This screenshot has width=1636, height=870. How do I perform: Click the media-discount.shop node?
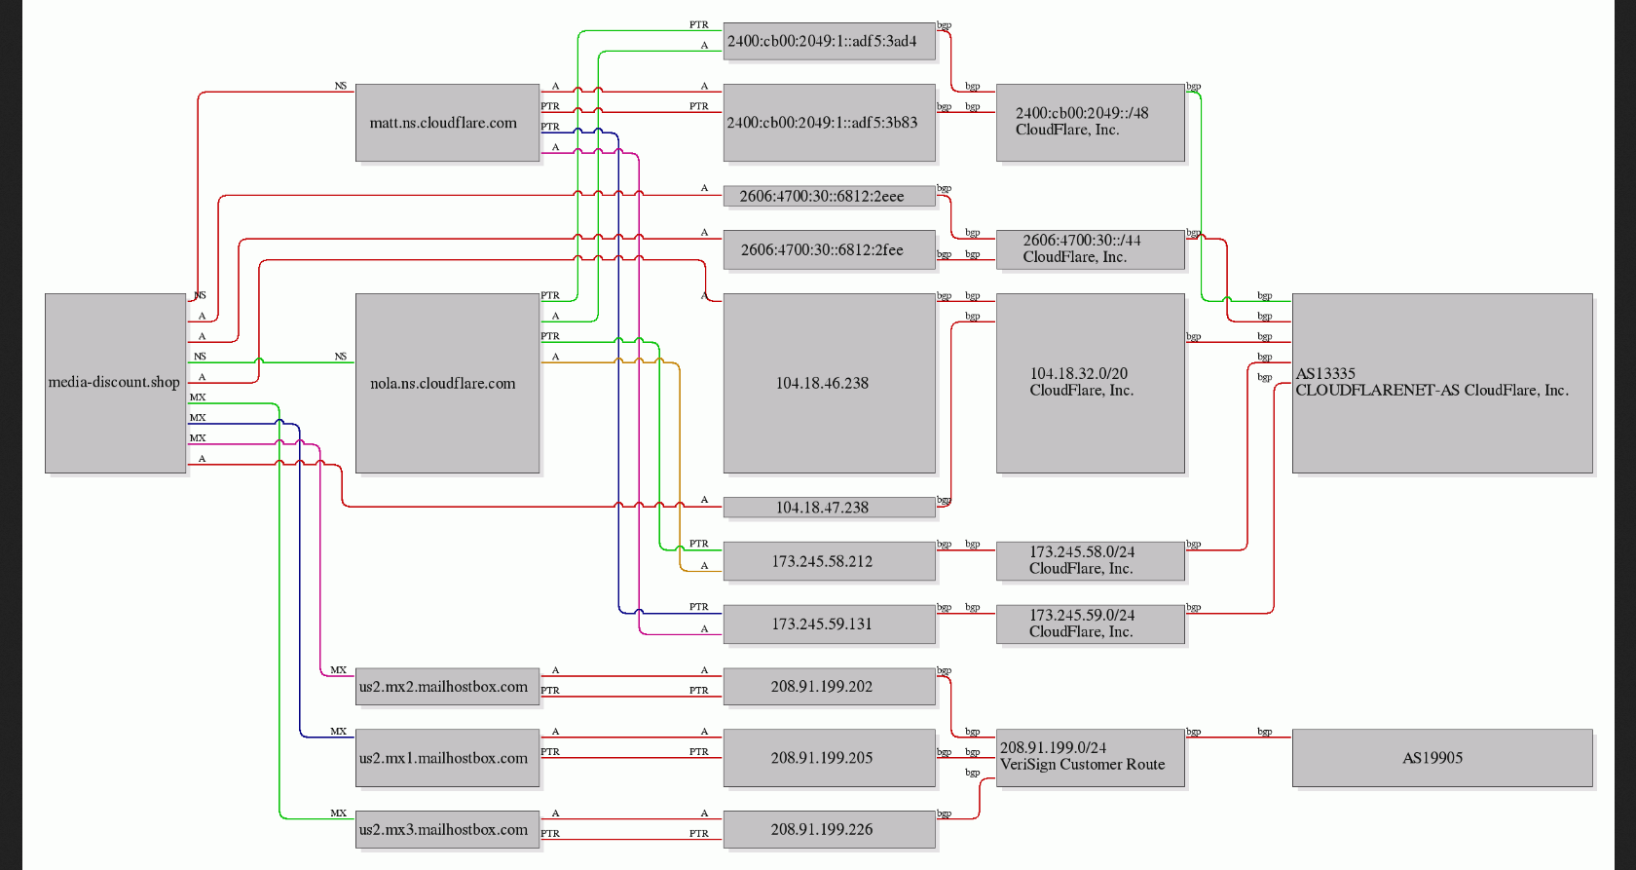click(115, 384)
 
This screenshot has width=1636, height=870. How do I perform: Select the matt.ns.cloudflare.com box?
click(448, 123)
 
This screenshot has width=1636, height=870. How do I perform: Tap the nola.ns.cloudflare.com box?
click(448, 384)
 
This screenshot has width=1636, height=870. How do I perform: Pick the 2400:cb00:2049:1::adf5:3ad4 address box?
click(830, 41)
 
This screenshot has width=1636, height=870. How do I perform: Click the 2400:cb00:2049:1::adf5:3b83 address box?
click(830, 123)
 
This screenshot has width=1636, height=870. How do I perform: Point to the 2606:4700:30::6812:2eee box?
click(830, 196)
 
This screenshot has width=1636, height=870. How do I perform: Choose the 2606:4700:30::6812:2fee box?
click(830, 249)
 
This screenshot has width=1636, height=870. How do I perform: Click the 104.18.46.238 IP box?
click(830, 384)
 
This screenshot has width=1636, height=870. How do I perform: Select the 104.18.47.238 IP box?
click(830, 507)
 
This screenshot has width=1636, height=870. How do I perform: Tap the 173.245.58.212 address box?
click(830, 561)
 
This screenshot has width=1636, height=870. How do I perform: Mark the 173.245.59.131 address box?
click(830, 624)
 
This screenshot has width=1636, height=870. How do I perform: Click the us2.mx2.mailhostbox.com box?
click(448, 687)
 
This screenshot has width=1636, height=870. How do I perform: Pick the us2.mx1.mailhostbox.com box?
click(448, 758)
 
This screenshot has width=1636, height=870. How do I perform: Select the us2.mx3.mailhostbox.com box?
click(448, 829)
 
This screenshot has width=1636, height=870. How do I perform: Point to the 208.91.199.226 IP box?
click(830, 829)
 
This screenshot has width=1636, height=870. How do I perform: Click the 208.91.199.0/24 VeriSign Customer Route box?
click(1091, 758)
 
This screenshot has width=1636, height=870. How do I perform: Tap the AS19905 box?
click(1442, 758)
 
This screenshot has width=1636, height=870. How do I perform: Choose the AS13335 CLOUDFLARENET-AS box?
click(1442, 384)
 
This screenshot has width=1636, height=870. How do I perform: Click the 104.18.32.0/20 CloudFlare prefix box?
click(1091, 384)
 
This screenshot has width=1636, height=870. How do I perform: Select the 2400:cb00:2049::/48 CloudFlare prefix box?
click(1091, 123)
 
